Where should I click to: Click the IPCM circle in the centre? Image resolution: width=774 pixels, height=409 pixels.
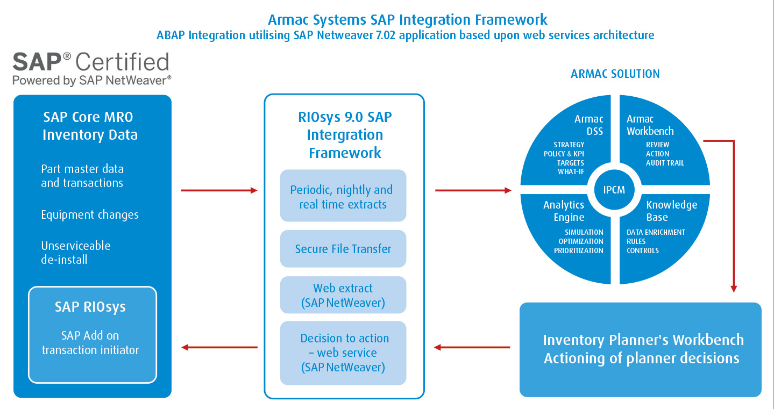coord(615,190)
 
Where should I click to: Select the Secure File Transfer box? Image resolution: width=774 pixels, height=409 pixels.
coord(343,249)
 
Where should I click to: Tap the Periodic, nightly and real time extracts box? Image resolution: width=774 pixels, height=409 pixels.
coord(343,196)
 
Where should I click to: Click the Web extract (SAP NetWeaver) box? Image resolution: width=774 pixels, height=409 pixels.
coord(343,295)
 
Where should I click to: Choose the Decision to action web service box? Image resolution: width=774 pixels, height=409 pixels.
coord(343,353)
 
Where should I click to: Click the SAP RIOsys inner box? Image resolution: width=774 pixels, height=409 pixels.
coord(92,334)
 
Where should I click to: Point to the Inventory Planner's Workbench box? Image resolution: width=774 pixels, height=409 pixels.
coord(641,349)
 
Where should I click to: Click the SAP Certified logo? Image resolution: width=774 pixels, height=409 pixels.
coord(91,69)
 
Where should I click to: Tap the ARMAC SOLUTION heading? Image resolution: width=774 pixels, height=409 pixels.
coord(615,74)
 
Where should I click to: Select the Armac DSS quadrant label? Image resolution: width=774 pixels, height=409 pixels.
coord(588,125)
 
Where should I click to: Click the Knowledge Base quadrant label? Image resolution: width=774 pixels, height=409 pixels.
coord(671,211)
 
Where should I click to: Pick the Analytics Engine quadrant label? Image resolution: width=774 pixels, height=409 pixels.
coord(564,211)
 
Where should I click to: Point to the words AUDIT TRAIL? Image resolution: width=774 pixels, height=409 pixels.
coord(665,163)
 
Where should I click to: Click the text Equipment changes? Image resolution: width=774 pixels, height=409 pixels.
coord(90,215)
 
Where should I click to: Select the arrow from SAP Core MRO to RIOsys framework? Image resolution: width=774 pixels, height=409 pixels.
coord(219,190)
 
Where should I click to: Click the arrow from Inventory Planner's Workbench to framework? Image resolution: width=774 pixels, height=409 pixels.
coord(472,347)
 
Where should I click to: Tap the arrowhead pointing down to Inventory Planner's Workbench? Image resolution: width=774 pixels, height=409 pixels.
coord(734,289)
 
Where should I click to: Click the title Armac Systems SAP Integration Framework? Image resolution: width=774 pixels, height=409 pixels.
coord(407,20)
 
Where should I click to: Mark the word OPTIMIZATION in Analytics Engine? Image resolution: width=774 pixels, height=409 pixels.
coord(580,241)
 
